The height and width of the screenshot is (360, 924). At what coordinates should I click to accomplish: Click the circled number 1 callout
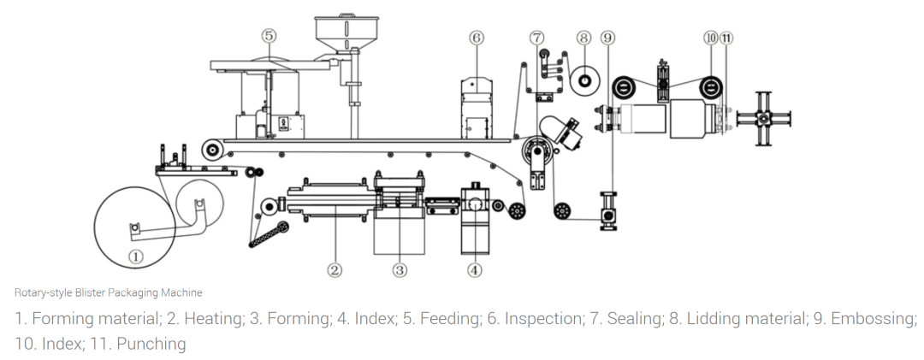[x=136, y=257]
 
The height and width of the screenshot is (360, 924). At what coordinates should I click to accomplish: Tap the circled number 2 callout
[x=335, y=270]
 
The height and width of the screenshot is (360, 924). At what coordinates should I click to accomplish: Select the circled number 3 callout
[x=400, y=270]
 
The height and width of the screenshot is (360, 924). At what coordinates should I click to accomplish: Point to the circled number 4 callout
[x=474, y=270]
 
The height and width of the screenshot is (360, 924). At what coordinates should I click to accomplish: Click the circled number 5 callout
[x=269, y=36]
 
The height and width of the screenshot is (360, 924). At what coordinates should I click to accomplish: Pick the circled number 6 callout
[x=477, y=38]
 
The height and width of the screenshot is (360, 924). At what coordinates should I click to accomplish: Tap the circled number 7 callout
[x=536, y=38]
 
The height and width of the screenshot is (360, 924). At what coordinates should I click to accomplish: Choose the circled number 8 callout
[x=583, y=38]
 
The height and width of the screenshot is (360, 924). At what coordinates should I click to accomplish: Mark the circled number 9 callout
[x=608, y=38]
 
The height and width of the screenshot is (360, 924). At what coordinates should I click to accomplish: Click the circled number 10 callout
[x=711, y=38]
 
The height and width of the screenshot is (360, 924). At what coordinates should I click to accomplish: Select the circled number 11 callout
[x=726, y=38]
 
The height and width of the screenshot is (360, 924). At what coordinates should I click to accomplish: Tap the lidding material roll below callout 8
[x=584, y=80]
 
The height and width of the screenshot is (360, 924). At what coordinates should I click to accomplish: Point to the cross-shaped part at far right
[x=764, y=118]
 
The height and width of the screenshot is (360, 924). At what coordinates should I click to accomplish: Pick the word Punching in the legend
[x=151, y=344]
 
